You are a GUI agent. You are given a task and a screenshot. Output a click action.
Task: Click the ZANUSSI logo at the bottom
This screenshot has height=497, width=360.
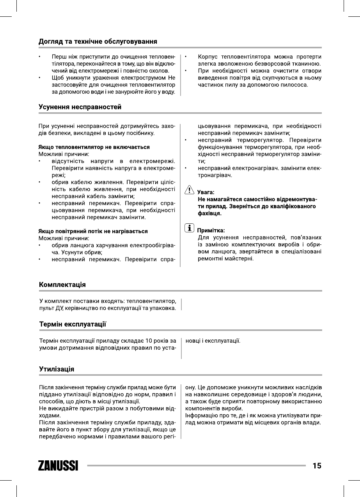click(x=58, y=465)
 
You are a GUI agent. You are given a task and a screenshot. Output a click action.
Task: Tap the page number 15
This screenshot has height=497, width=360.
click(x=317, y=465)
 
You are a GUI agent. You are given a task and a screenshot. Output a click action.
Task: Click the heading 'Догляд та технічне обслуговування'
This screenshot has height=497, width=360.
click(x=98, y=41)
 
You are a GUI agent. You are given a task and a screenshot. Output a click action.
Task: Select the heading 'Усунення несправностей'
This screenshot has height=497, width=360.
click(x=80, y=107)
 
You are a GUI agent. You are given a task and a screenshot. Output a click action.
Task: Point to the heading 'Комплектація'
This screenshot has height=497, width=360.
click(x=62, y=285)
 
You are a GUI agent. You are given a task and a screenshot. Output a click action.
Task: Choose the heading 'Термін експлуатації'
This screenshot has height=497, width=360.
click(x=73, y=324)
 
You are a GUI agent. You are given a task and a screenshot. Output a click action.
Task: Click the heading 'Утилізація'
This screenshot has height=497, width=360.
click(x=57, y=369)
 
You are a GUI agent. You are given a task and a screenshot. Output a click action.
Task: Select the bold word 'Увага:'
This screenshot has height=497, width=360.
click(x=206, y=192)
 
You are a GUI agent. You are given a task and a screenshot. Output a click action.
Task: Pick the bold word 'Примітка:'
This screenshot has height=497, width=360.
click(x=211, y=230)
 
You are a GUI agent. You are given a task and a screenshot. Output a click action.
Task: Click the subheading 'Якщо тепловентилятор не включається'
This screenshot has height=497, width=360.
click(x=94, y=147)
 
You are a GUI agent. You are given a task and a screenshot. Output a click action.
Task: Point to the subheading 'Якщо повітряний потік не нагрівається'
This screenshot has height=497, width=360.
click(x=93, y=231)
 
